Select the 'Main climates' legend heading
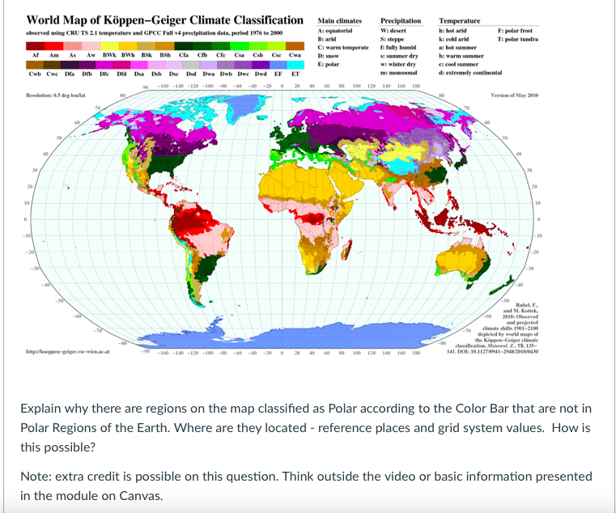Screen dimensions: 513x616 (340, 21)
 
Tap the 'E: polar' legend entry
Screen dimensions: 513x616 (329, 62)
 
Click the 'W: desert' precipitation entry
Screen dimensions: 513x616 (394, 30)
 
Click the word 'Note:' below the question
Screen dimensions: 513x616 (37, 477)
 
